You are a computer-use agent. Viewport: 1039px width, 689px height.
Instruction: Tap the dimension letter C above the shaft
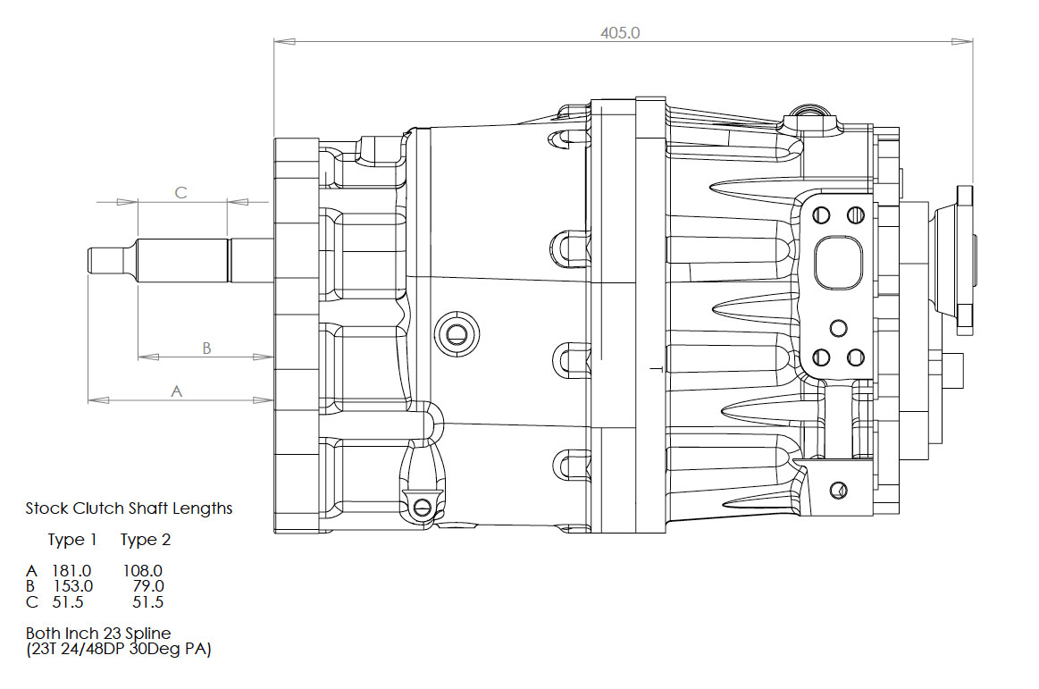coord(180,192)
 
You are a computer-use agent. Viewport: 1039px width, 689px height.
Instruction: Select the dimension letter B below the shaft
coord(206,348)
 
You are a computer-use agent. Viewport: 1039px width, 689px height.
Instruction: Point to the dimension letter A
coord(176,391)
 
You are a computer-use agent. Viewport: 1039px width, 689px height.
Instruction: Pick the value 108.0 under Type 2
coord(143,570)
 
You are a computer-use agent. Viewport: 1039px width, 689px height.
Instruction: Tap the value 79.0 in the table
coord(147,586)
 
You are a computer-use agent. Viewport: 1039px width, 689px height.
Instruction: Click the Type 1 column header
coord(72,540)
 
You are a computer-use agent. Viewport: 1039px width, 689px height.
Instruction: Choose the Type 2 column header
coord(146,540)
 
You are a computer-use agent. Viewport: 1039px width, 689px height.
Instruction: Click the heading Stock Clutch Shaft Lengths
coord(129,508)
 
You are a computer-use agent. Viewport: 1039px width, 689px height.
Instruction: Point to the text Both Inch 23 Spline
coord(98,634)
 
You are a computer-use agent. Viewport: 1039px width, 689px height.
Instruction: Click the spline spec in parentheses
coord(118,650)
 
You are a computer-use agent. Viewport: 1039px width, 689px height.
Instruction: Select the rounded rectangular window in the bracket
coord(838,262)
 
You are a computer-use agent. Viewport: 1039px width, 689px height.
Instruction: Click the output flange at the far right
coord(964,259)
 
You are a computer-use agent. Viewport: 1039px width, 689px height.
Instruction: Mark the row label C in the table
coord(31,602)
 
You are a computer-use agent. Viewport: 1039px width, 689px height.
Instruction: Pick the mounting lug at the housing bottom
coord(422,506)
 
